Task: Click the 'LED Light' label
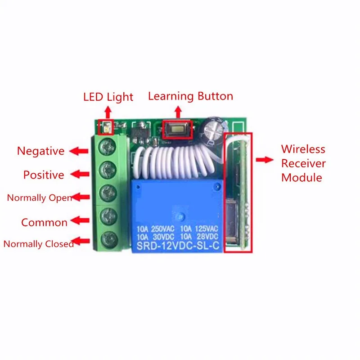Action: pos(108,97)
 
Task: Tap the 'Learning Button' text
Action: pos(190,96)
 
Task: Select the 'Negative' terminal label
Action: pos(40,151)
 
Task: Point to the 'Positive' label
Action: pos(44,175)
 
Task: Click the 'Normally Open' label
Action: pos(40,198)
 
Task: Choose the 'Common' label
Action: pos(44,222)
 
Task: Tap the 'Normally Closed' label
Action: pos(39,244)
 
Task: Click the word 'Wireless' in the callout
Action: pos(303,149)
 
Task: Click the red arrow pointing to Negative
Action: pos(79,151)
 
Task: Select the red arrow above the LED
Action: pos(108,112)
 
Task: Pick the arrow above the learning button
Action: pos(178,112)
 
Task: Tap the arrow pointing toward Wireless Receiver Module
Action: pos(265,160)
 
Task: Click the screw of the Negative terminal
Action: pos(107,147)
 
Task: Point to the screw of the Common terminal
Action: pos(108,216)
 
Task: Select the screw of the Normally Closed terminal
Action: pos(109,240)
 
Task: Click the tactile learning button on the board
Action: pos(178,130)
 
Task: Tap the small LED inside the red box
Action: pos(107,128)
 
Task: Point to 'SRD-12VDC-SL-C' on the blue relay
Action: pos(178,246)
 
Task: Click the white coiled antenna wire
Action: pos(177,162)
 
